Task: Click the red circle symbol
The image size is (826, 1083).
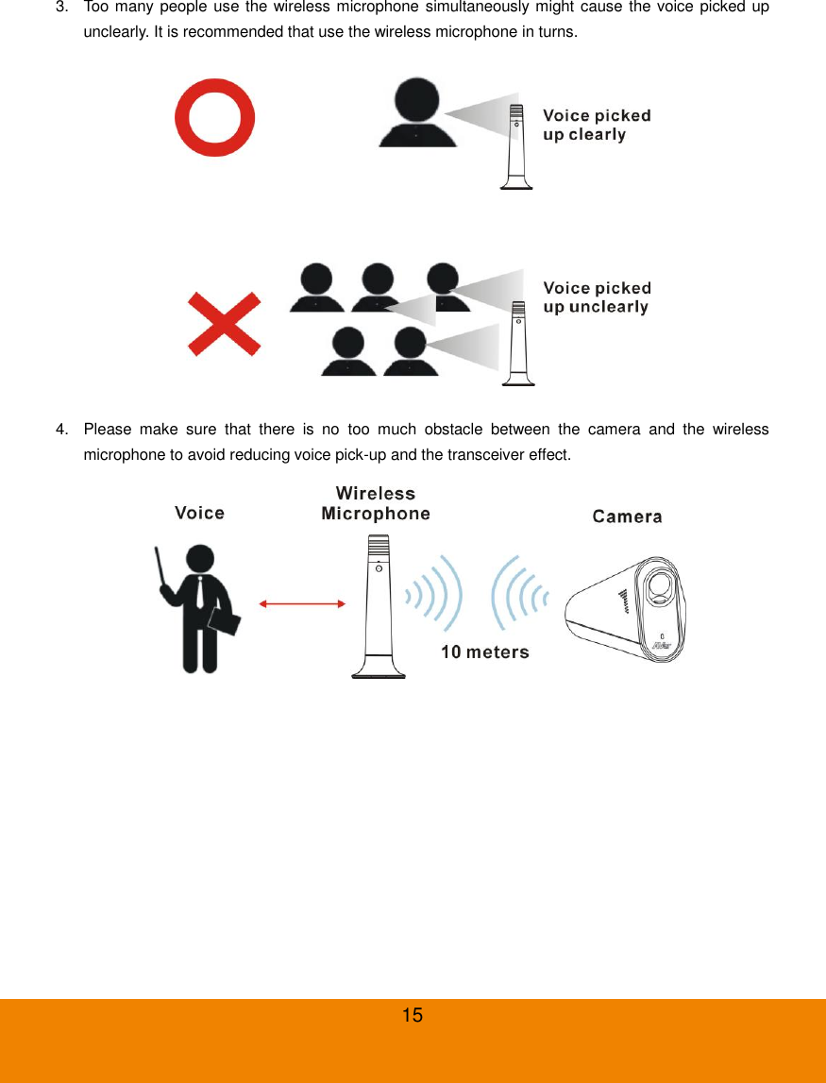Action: [215, 117]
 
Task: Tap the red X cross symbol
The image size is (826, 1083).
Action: [224, 324]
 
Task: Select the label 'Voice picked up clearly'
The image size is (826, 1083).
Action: [597, 126]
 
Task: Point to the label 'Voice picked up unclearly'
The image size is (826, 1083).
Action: [597, 297]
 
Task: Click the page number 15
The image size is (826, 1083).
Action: [413, 1016]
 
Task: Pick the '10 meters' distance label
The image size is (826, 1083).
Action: [485, 652]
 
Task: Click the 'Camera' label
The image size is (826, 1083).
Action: [627, 516]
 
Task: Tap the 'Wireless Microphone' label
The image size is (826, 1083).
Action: [376, 503]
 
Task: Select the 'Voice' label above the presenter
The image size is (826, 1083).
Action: [199, 513]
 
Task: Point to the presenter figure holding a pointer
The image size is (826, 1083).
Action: [199, 604]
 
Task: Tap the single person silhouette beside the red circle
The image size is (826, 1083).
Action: [416, 112]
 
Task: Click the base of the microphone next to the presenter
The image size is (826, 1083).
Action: [379, 670]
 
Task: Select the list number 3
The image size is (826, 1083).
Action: [61, 8]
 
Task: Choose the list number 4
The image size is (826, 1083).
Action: [61, 431]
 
